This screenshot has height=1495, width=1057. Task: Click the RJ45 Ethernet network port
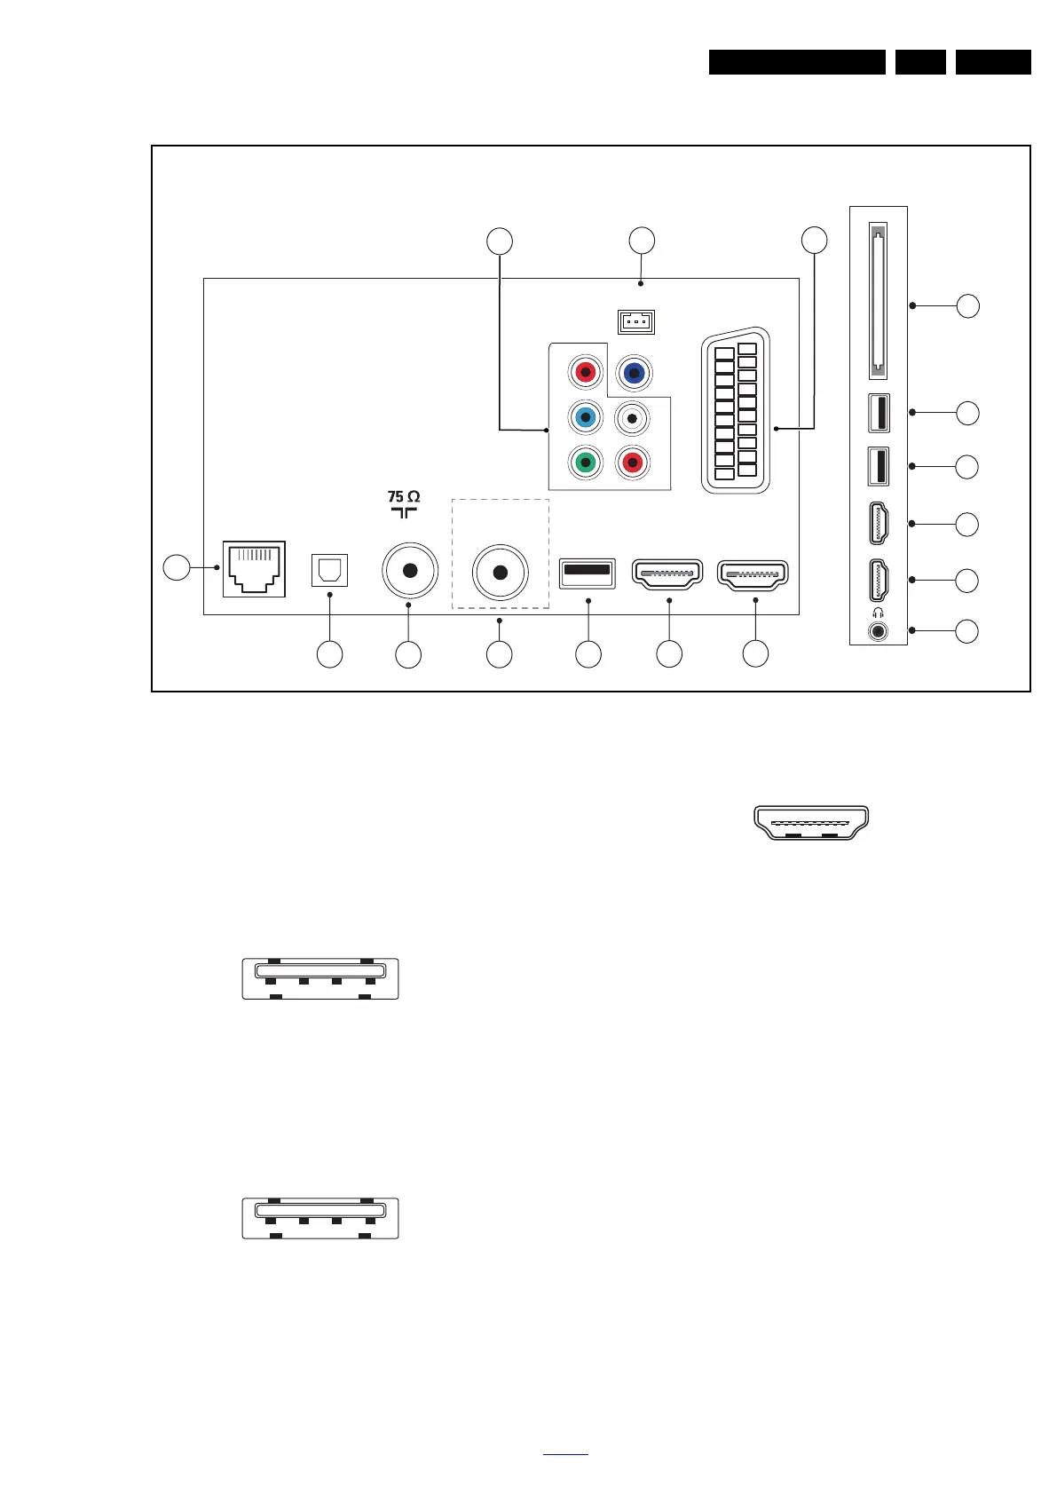pos(254,568)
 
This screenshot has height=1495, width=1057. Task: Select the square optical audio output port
pos(330,570)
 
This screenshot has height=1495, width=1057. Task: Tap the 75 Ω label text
pos(404,496)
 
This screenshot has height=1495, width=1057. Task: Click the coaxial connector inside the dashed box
pos(501,573)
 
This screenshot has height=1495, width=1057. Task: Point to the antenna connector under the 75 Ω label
pos(409,572)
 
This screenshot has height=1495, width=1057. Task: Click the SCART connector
pos(736,411)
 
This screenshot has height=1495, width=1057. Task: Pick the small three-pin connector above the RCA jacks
pos(636,321)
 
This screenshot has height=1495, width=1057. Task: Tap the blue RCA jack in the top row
pos(634,373)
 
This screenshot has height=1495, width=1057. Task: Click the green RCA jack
pos(584,463)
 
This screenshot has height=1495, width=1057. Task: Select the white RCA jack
pos(632,417)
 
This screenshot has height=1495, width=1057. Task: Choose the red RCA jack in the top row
pos(585,372)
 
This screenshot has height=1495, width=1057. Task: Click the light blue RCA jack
pos(584,416)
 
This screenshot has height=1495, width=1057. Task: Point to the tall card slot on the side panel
pos(879,300)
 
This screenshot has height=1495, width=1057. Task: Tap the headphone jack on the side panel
pos(879,631)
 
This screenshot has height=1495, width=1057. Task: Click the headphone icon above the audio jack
pos(878,613)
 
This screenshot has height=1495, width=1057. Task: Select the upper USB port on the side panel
pos(879,412)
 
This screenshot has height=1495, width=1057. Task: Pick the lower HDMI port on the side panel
pos(879,579)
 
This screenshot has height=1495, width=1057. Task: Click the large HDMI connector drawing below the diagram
pos(811,822)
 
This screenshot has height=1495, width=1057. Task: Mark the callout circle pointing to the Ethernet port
pos(177,567)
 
